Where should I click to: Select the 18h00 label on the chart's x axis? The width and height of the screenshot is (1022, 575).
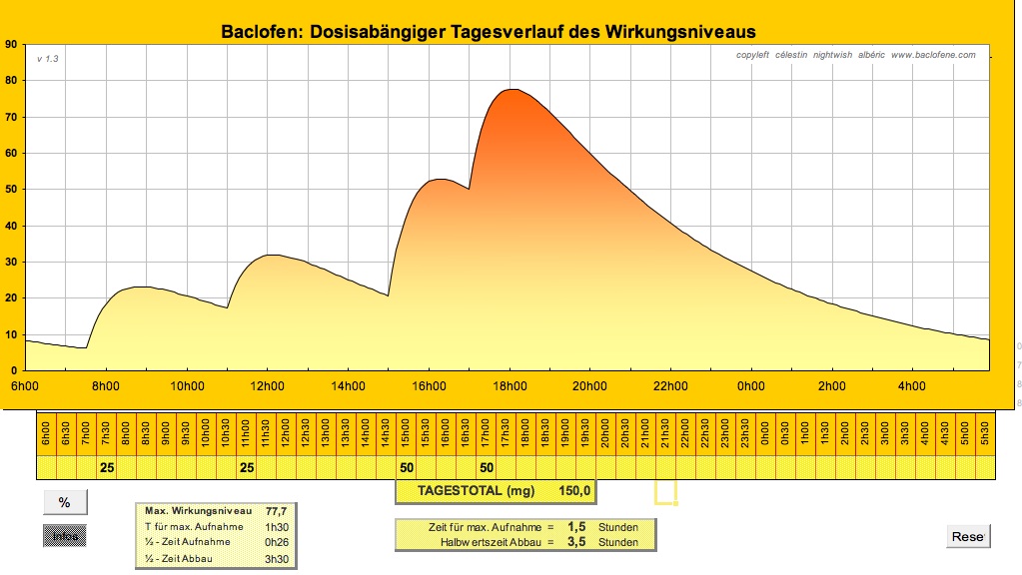click(509, 387)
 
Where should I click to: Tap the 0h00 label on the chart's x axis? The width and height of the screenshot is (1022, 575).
click(750, 387)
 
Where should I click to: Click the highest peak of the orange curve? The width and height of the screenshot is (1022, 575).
click(511, 90)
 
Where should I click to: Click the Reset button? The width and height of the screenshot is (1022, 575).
click(967, 537)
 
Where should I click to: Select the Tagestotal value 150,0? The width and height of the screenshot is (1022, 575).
click(574, 490)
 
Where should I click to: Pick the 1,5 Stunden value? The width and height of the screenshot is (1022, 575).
click(575, 526)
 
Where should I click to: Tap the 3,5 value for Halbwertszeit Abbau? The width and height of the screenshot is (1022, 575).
click(575, 542)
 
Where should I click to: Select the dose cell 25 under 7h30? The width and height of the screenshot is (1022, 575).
click(107, 467)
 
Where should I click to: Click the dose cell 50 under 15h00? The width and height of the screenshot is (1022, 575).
click(407, 467)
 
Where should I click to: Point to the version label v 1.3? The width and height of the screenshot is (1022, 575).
click(48, 59)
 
